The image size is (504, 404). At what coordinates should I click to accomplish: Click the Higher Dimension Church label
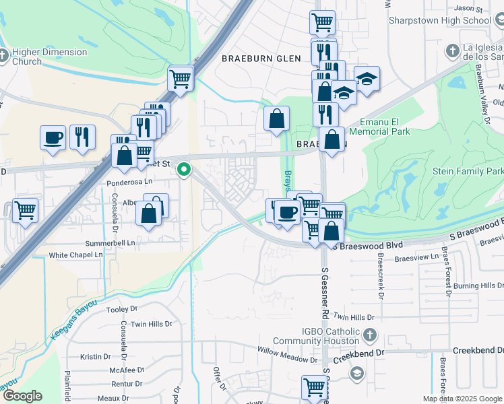49,57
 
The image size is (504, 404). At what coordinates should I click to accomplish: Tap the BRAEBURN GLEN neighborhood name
261,59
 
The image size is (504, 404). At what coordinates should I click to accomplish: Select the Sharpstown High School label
440,20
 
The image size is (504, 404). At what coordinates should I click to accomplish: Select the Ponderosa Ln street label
130,182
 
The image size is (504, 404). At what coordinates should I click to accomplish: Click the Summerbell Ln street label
110,242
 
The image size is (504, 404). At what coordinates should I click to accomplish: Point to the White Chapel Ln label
75,255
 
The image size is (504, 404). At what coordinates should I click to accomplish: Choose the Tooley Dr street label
121,310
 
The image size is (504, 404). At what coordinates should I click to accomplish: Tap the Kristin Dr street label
94,357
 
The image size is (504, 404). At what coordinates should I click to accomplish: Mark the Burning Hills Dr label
477,286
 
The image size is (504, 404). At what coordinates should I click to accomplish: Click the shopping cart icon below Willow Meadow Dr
315,388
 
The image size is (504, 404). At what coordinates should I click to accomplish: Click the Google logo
22,396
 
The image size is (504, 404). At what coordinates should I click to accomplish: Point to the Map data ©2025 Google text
462,399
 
